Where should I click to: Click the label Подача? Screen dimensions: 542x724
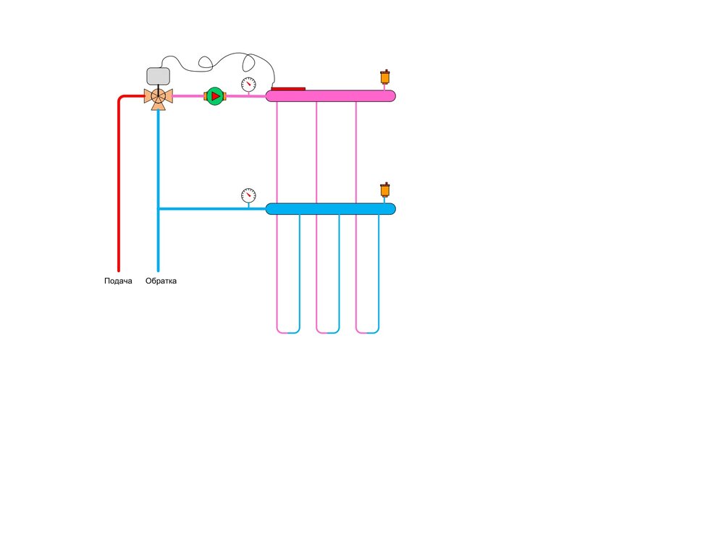click(118, 281)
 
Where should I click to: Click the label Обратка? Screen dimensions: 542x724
click(161, 281)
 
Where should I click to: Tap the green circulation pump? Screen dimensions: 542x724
click(215, 96)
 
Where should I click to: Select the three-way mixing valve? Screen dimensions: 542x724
click(158, 96)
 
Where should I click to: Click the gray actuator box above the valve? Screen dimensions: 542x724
click(158, 76)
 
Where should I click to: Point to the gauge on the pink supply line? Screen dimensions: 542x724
click(248, 84)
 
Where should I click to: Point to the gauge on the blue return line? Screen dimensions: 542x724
click(248, 195)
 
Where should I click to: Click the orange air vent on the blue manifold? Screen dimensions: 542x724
click(385, 190)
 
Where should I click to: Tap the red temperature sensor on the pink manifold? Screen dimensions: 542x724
click(288, 89)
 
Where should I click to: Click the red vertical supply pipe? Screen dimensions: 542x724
click(118, 188)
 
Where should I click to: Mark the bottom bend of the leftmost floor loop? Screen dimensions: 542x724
click(288, 332)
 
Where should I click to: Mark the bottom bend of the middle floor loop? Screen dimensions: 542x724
click(328, 332)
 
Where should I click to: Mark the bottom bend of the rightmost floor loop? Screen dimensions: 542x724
click(367, 332)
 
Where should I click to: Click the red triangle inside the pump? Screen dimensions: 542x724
click(216, 96)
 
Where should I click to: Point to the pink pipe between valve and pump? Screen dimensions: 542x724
click(188, 96)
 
